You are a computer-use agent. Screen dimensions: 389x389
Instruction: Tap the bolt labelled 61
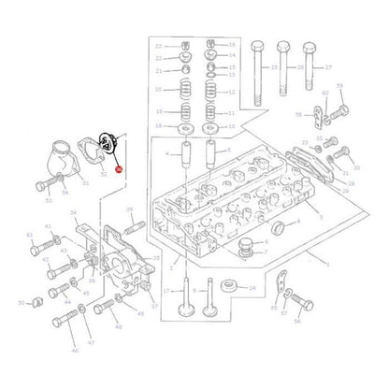coord(41,252)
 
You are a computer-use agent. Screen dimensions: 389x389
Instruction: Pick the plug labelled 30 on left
coord(38,305)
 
